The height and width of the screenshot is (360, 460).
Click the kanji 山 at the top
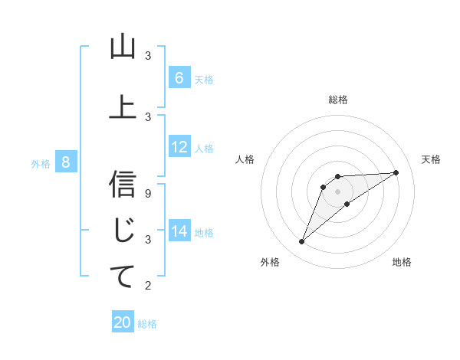(x=123, y=48)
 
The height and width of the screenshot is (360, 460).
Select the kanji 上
(x=123, y=107)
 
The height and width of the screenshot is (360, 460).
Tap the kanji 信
(x=123, y=185)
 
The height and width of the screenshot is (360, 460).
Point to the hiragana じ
(x=123, y=231)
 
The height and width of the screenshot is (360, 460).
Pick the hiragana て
(x=123, y=278)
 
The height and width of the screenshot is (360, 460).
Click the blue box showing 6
(x=179, y=78)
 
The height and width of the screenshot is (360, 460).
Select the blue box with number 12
(x=179, y=147)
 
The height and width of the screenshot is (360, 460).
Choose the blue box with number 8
(x=66, y=162)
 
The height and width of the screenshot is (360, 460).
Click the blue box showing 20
(x=123, y=322)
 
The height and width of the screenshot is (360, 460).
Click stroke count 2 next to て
(x=148, y=286)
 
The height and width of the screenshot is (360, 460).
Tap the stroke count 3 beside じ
(x=148, y=239)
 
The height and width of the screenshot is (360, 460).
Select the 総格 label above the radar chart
(x=338, y=100)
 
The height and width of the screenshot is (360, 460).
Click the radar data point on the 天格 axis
(x=396, y=172)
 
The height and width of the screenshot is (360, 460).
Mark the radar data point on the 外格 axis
(x=301, y=242)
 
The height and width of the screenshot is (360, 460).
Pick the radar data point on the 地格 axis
(x=347, y=204)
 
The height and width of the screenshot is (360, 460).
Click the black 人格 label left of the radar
(x=245, y=159)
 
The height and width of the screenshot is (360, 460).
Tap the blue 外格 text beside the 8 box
(x=40, y=163)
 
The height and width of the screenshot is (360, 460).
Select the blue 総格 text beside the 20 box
(x=147, y=324)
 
